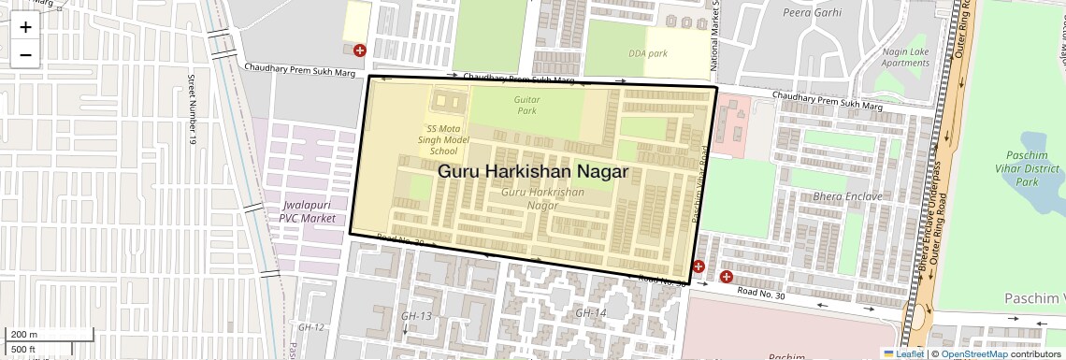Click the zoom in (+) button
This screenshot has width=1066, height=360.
click(x=25, y=27)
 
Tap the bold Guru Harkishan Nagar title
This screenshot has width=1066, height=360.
click(x=533, y=172)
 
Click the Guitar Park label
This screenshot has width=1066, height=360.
click(x=527, y=105)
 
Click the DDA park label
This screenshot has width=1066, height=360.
click(x=648, y=53)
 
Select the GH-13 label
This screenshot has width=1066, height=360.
click(x=416, y=316)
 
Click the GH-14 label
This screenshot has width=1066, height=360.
click(x=591, y=312)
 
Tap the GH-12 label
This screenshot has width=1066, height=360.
click(x=310, y=327)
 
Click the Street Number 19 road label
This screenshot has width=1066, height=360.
click(x=192, y=109)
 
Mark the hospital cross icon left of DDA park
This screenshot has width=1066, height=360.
click(x=359, y=50)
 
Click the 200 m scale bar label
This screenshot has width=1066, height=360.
click(x=24, y=335)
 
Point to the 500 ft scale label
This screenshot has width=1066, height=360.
click(x=24, y=350)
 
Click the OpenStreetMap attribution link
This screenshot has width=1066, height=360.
click(x=973, y=353)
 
